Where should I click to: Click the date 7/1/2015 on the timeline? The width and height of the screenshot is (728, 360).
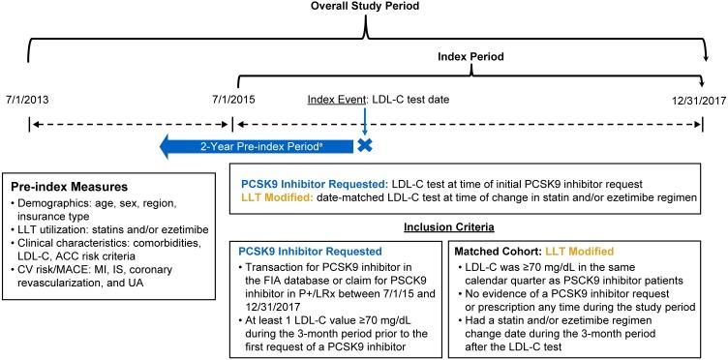click(232, 100)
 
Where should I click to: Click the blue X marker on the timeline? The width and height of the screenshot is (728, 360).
click(364, 146)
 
